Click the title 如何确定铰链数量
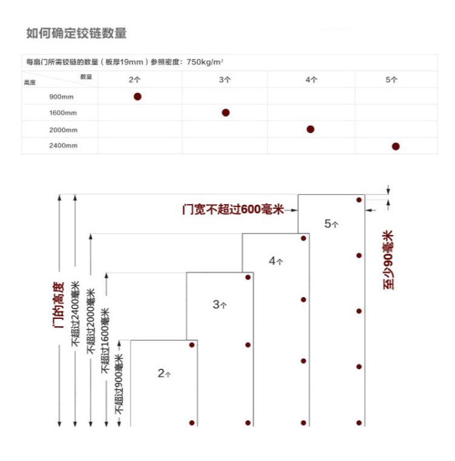click(76, 33)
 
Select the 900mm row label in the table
click(63, 97)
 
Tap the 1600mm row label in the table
click(63, 113)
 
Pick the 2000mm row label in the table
click(63, 129)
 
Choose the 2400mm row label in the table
click(63, 146)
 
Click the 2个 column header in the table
click(134, 80)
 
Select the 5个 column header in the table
click(391, 80)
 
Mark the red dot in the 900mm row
click(138, 97)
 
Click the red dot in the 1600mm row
click(226, 112)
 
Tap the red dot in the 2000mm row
click(311, 129)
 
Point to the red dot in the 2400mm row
click(396, 146)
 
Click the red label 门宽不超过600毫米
click(233, 210)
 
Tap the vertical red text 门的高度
click(58, 304)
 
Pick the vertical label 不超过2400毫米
click(75, 313)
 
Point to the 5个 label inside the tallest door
click(331, 224)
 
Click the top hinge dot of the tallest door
click(359, 200)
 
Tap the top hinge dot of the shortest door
click(192, 345)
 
